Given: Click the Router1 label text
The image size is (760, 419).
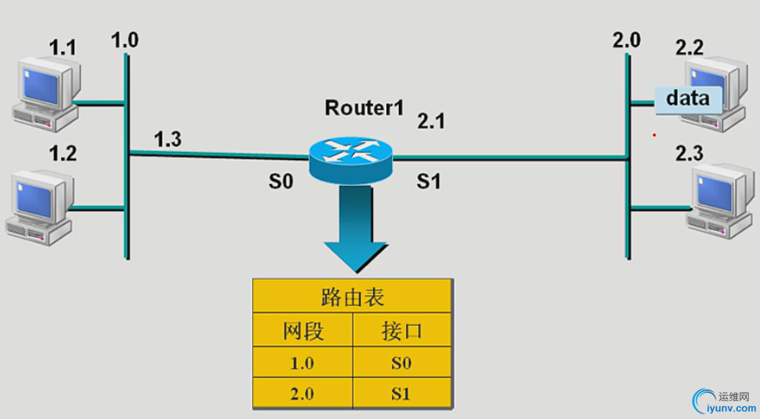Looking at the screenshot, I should (364, 108).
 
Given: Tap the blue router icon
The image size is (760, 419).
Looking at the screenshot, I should (349, 158).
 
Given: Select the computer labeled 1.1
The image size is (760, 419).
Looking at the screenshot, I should (46, 92).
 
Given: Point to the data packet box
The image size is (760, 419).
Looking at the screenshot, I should (688, 99).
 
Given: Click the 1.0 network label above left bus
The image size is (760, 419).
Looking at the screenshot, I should (124, 40).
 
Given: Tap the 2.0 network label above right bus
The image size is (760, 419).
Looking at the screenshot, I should (626, 40).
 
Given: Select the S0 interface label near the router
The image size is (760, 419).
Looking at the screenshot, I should (280, 182).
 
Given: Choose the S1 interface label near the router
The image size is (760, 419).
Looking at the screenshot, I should (428, 182).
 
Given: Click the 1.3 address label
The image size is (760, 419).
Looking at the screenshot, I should (168, 139).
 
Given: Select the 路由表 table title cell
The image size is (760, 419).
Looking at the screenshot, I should (352, 297).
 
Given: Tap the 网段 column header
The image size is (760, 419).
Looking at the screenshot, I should (303, 331).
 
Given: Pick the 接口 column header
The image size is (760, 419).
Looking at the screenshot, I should (401, 331).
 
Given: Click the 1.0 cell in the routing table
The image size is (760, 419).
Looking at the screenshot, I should (303, 362).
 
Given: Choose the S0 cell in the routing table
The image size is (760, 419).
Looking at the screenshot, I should (401, 362).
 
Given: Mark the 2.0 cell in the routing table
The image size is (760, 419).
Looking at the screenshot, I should (303, 394).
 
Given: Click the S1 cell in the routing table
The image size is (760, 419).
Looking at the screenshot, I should (401, 394).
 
